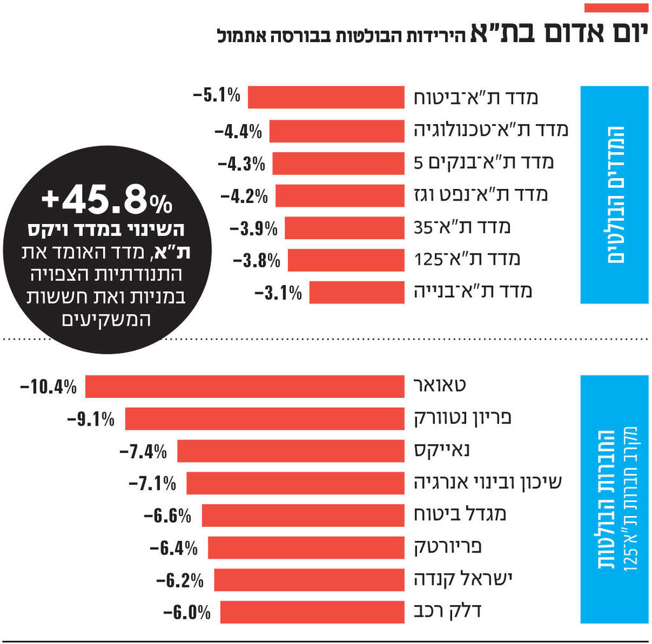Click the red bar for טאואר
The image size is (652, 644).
(245, 386)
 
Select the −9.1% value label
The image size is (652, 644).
(90, 419)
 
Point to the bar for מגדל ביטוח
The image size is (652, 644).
(303, 515)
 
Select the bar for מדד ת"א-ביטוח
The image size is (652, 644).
(326, 97)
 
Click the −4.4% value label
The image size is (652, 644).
(238, 132)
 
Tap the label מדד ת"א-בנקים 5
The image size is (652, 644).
(484, 163)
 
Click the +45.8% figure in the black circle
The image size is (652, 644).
(107, 202)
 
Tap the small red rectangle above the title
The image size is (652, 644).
(615, 8)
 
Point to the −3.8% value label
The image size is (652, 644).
(257, 260)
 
